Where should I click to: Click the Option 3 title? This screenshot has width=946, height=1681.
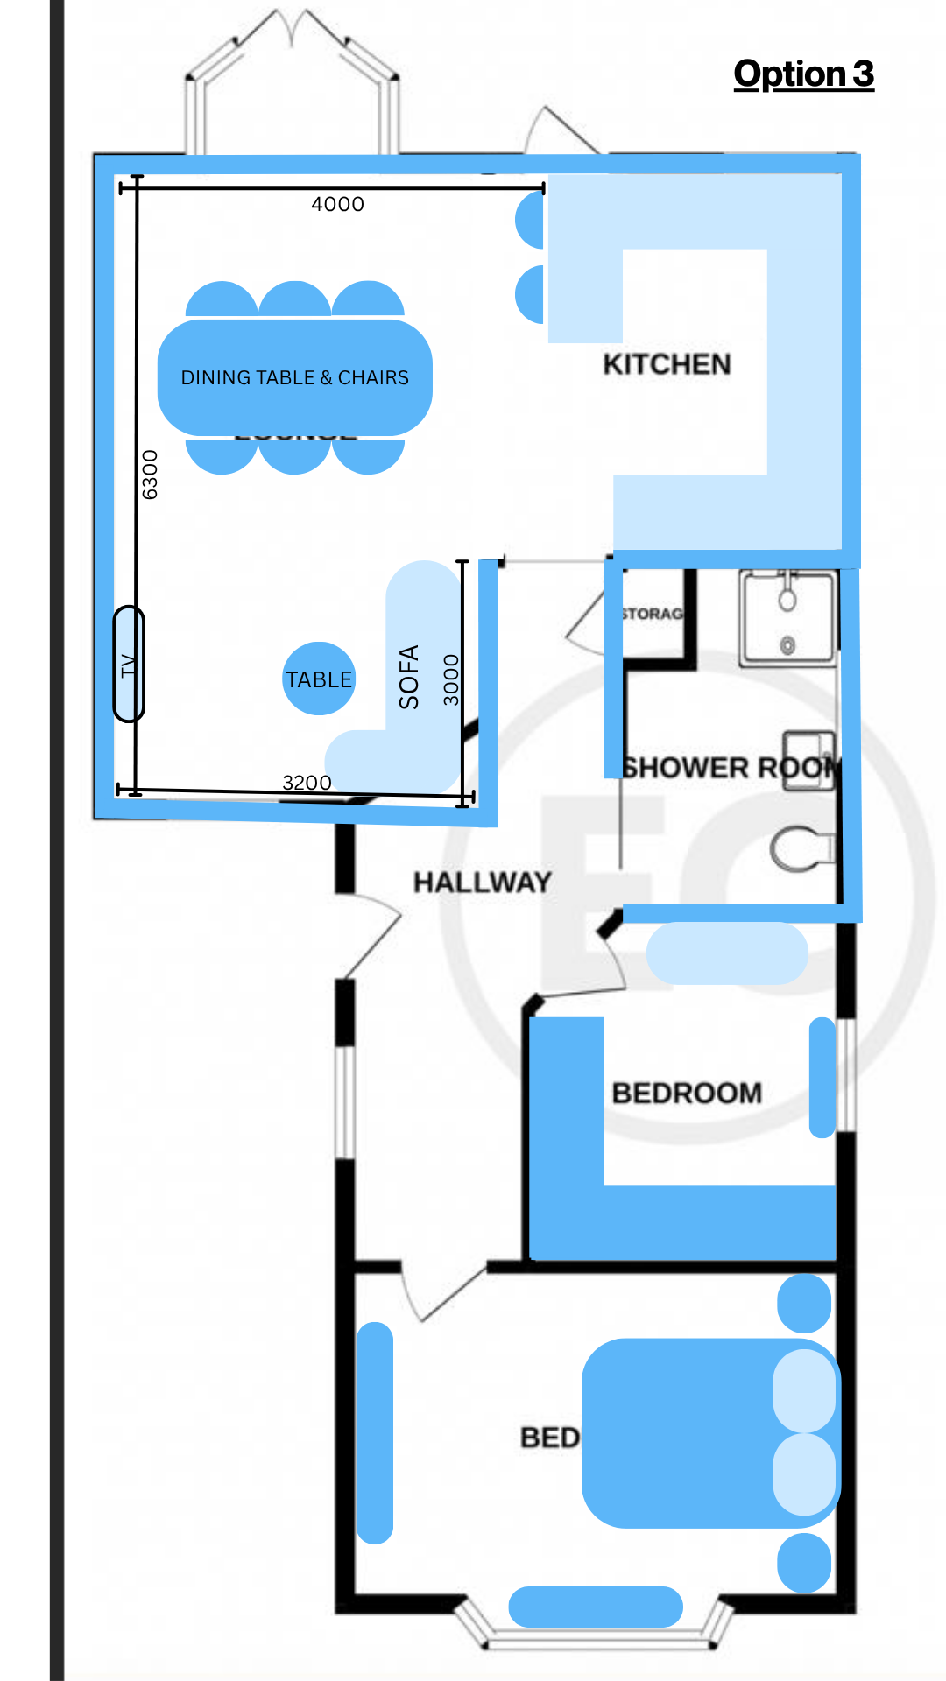point(803,74)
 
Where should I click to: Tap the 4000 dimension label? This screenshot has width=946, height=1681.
point(337,204)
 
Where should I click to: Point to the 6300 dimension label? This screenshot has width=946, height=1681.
point(151,475)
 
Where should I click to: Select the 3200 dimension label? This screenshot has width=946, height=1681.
point(307,782)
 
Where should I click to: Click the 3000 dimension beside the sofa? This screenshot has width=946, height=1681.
point(451,679)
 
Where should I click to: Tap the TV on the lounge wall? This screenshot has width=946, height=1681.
point(129,665)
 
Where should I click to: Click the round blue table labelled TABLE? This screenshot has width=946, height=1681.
point(319,679)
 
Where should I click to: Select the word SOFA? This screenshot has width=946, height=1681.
point(409,676)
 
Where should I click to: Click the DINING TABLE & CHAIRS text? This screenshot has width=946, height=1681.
point(294,377)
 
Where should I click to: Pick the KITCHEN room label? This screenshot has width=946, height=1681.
point(667,364)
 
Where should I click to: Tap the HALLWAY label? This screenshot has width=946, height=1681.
point(483,882)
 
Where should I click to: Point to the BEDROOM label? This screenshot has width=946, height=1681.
point(687,1093)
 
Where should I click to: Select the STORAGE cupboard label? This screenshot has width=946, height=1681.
point(653,614)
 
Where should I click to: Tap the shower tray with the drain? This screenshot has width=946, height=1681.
point(787,617)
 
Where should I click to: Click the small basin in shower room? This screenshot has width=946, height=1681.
point(808,760)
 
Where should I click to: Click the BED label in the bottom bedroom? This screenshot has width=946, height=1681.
point(549,1438)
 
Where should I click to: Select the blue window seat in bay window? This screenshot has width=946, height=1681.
point(596,1607)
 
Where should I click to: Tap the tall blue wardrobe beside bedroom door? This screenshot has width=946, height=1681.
point(375,1432)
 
